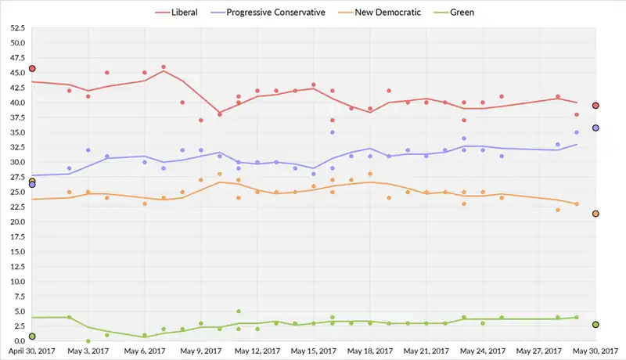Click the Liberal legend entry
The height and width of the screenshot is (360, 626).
(183, 13)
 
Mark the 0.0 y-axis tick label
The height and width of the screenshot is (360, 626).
(20, 341)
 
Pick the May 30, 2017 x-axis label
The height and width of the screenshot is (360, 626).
(596, 352)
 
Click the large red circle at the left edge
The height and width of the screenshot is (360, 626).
(32, 69)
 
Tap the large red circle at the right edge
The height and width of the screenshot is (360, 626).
(595, 105)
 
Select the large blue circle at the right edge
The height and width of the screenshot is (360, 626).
(595, 128)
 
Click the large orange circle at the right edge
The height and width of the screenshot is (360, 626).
(595, 214)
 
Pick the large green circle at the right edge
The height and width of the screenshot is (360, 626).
(595, 324)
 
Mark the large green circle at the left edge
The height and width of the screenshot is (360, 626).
(32, 337)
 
